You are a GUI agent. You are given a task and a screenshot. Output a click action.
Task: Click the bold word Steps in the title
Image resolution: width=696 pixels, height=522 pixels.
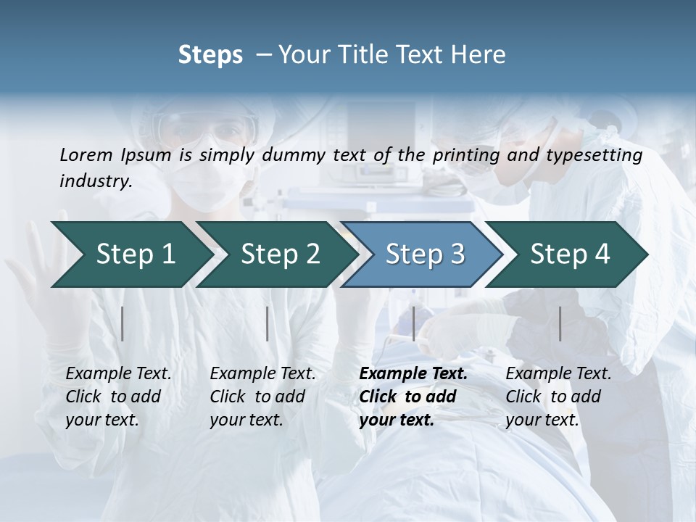(210, 55)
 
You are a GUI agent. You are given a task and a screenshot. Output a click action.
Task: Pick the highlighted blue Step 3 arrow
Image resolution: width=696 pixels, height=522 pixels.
(425, 254)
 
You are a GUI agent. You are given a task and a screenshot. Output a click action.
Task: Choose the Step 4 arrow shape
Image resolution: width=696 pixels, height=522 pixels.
(570, 254)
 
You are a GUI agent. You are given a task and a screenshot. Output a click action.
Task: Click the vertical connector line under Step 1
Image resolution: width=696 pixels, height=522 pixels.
(123, 323)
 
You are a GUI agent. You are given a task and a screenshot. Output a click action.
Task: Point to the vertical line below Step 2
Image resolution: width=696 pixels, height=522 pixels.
(268, 323)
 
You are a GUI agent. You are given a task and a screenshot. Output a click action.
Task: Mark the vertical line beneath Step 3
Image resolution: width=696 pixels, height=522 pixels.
(413, 323)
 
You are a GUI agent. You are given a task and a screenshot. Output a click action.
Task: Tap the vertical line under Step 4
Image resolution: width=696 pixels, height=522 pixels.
(560, 323)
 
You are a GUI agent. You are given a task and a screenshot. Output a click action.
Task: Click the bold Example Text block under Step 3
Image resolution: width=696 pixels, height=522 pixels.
(413, 397)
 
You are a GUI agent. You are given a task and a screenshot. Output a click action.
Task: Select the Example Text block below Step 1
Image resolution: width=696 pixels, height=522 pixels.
(118, 397)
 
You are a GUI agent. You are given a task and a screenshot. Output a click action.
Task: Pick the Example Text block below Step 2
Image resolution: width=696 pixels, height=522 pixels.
(262, 397)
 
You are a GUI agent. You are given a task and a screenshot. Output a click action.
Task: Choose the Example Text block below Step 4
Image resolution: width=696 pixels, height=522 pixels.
(558, 397)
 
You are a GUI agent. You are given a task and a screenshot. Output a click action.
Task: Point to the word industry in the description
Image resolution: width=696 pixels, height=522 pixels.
(96, 181)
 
